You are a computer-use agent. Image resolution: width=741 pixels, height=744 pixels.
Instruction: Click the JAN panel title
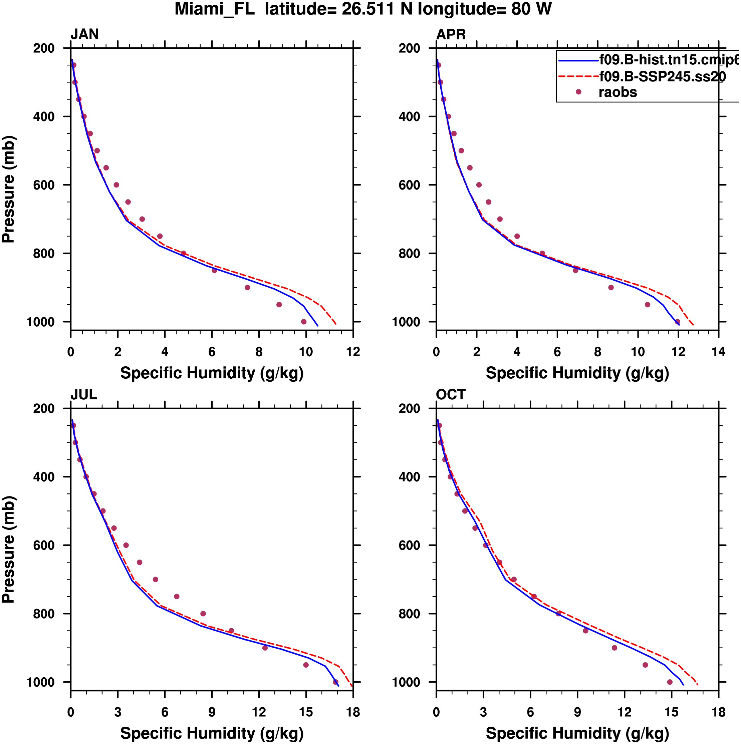point(84,34)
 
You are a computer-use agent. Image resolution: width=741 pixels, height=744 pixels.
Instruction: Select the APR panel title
point(451,34)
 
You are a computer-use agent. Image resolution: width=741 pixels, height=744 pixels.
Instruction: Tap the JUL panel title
point(84,395)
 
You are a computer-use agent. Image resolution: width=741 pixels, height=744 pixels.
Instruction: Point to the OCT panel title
point(451,395)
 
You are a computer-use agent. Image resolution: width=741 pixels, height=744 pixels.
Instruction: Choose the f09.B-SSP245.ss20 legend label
point(662,77)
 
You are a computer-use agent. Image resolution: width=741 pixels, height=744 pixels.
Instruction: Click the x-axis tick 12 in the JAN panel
point(353,352)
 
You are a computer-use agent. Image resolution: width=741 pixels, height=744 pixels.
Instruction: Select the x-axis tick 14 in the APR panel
point(719,352)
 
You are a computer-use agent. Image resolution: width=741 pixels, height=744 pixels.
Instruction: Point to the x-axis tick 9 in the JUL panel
point(212,712)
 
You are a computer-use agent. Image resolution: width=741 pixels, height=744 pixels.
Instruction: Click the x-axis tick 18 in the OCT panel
point(719,712)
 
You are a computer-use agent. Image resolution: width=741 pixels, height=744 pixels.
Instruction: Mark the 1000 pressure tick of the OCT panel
point(405,682)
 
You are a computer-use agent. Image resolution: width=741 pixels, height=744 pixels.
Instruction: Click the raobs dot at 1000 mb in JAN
point(304,322)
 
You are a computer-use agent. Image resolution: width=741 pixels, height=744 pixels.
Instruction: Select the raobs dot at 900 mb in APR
point(611,287)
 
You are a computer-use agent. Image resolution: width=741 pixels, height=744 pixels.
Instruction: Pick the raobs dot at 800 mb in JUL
point(203,614)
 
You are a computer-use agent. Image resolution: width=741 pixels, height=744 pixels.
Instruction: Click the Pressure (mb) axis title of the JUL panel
point(8,549)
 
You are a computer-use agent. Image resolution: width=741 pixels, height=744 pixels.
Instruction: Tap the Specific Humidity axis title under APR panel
point(577,373)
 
